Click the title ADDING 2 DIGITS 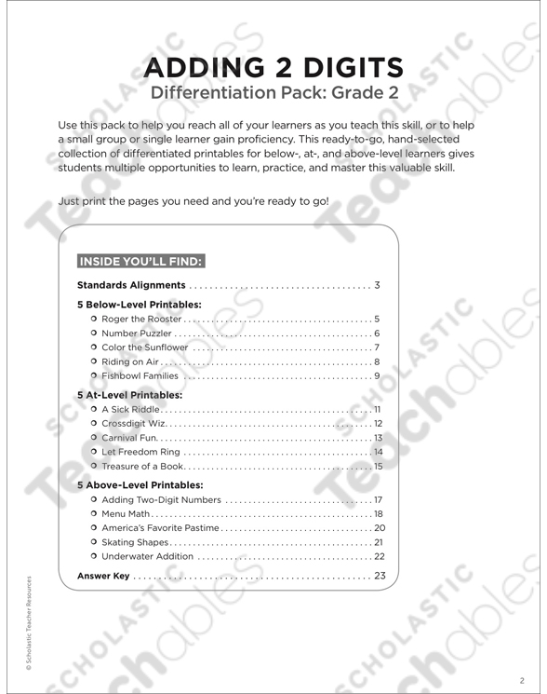(273, 67)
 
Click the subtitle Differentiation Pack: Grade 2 (273, 93)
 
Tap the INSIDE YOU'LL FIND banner (141, 261)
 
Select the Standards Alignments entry (131, 285)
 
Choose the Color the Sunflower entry (144, 347)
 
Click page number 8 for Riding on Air (378, 361)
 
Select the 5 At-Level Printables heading (129, 395)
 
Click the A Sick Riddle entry (129, 410)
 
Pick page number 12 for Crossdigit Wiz (378, 424)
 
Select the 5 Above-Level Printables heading (140, 485)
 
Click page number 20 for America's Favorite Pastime (379, 528)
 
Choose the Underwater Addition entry (147, 556)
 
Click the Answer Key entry (102, 577)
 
